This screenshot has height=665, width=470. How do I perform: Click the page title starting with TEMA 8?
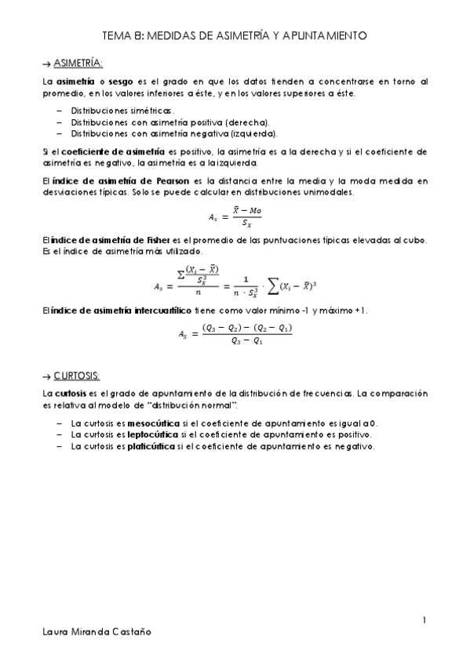(235, 35)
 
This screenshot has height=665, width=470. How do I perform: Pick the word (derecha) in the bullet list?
(247, 122)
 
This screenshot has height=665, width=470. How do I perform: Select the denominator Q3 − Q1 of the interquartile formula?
(246, 341)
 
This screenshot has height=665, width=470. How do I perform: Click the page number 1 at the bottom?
(424, 622)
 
